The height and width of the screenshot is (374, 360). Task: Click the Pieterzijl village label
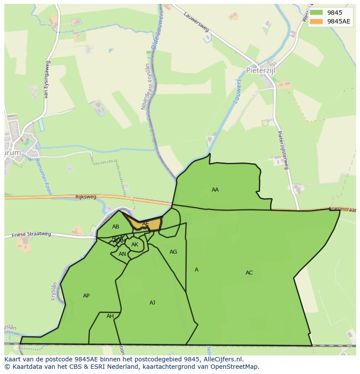click(x=261, y=70)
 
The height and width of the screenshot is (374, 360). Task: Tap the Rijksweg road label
click(x=86, y=197)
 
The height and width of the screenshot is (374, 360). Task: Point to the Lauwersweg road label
click(x=197, y=21)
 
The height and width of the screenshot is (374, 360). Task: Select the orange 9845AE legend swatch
click(x=316, y=21)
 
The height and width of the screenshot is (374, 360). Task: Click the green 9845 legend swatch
click(x=316, y=13)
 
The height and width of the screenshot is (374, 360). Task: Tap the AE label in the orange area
click(x=146, y=224)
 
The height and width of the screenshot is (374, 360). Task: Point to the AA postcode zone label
click(x=215, y=190)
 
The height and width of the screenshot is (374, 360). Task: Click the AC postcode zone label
click(x=249, y=273)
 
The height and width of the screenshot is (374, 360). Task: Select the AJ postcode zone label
click(x=152, y=303)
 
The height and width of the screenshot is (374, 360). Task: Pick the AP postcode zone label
click(x=86, y=296)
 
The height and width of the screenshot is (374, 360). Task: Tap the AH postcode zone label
click(x=110, y=316)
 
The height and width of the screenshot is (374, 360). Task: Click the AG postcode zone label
click(x=173, y=252)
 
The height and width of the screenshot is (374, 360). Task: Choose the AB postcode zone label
click(x=116, y=227)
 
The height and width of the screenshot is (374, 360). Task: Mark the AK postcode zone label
click(x=135, y=245)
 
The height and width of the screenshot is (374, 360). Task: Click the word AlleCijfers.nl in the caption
click(x=222, y=359)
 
